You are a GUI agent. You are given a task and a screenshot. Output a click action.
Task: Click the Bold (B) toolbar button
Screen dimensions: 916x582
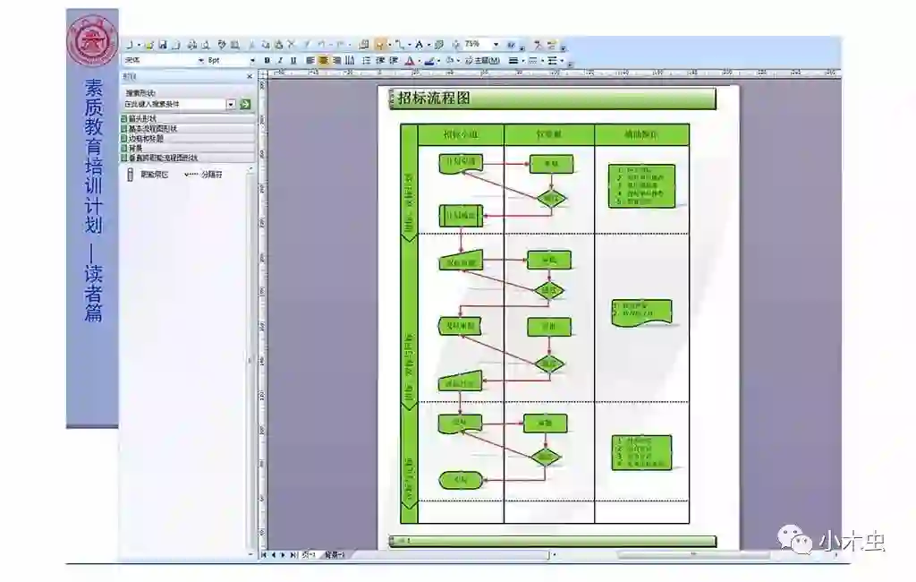point(267,61)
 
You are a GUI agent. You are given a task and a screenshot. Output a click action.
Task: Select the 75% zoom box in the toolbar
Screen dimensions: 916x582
point(474,44)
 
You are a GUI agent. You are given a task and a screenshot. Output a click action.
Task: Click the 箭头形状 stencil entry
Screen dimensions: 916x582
point(143,118)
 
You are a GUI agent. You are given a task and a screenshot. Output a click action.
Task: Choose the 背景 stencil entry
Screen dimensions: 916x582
point(136,148)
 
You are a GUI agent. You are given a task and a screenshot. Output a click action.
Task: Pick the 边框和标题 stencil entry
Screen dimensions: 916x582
point(146,138)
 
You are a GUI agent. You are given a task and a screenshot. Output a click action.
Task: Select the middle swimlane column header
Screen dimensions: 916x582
point(549,134)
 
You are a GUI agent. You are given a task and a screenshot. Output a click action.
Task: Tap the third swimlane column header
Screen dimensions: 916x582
point(641,134)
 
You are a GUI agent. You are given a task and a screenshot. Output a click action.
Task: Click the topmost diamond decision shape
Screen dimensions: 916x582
point(551,198)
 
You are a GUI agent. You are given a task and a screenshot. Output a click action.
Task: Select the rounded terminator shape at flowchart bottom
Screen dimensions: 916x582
point(461,481)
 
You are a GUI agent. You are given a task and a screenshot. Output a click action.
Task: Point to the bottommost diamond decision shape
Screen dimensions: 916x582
point(545,457)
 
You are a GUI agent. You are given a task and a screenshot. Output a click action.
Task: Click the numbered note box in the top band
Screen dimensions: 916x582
point(641,186)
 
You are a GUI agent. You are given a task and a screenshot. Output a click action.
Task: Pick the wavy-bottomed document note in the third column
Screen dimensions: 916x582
point(641,312)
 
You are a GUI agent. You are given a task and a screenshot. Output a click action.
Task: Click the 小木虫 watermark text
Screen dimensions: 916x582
point(851,541)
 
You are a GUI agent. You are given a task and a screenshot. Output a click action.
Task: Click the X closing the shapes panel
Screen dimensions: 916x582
point(250,77)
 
